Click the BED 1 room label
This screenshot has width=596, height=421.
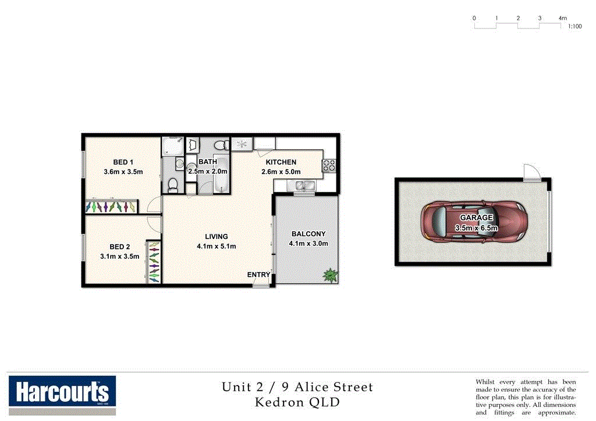(x=123, y=162)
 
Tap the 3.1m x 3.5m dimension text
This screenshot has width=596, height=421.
(x=119, y=256)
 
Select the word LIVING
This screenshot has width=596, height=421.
(x=216, y=237)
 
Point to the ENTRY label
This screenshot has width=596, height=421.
(x=258, y=275)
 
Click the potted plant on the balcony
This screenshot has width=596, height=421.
(x=330, y=274)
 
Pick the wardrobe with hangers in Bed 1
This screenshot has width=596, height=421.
(x=111, y=206)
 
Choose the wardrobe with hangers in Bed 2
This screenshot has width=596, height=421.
(x=153, y=262)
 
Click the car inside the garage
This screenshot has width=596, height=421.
(x=471, y=222)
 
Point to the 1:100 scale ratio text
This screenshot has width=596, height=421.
(x=574, y=27)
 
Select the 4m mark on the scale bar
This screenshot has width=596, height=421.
(x=562, y=19)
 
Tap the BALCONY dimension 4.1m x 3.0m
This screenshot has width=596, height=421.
(x=308, y=244)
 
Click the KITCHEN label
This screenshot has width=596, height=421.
(x=281, y=162)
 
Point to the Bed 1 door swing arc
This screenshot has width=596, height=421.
(x=154, y=204)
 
